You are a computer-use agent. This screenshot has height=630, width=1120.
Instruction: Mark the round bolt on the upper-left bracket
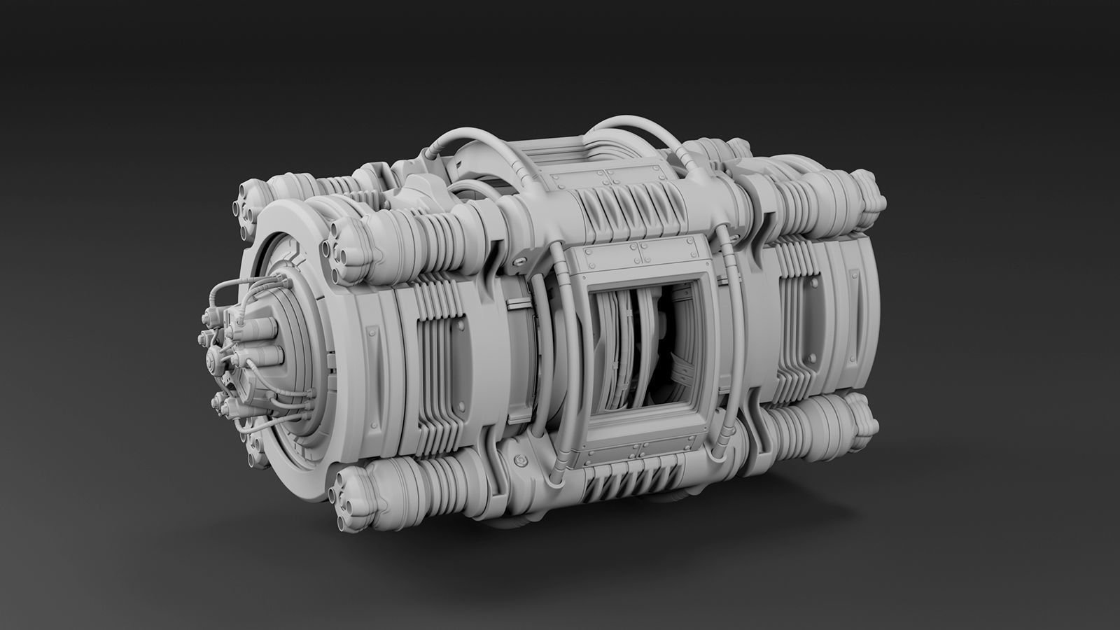click(x=521, y=261)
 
